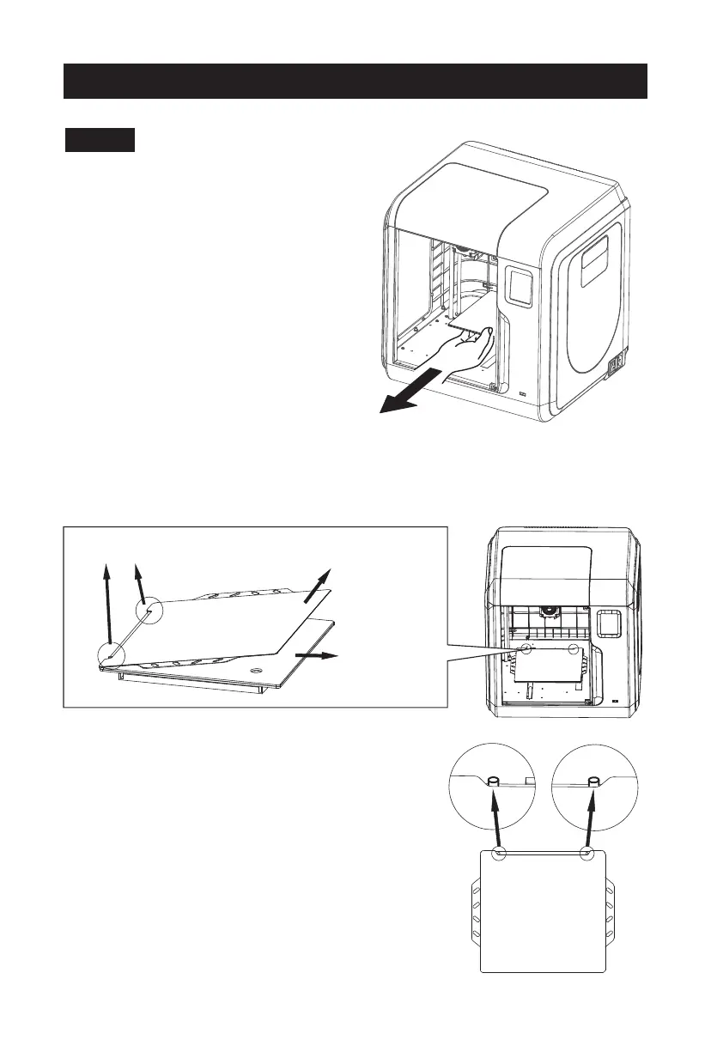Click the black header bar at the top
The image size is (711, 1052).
click(x=355, y=80)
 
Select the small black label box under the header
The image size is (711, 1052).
click(x=100, y=140)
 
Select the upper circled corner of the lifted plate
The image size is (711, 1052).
click(x=150, y=611)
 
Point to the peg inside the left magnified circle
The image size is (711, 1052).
click(x=494, y=781)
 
